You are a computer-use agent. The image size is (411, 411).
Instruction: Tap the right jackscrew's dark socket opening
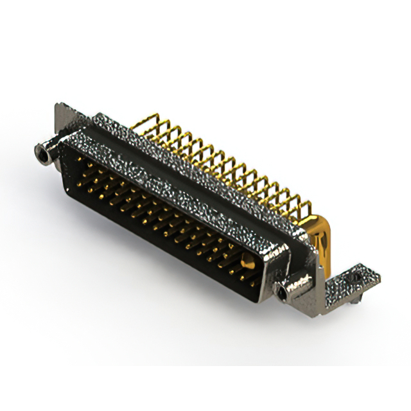click(x=282, y=295)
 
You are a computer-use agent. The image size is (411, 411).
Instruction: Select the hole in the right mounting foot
click(x=354, y=277)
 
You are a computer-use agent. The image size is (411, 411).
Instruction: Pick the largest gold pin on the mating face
click(x=247, y=261)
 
